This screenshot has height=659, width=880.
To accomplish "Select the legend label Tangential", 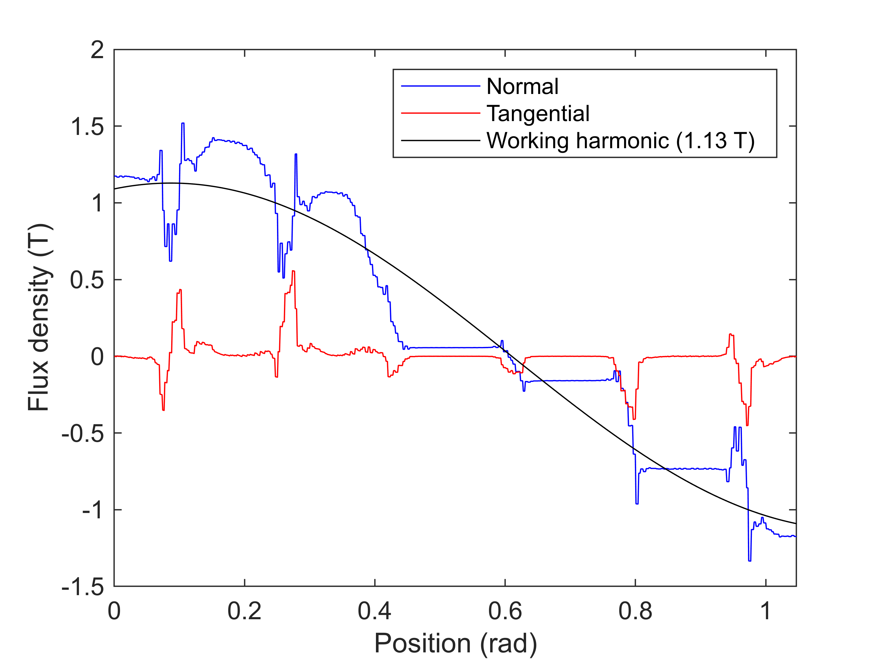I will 538,113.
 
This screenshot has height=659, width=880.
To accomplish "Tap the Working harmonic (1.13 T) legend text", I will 620,140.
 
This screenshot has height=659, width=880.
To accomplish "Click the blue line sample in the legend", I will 440,86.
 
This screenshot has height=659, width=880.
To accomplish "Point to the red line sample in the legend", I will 440,113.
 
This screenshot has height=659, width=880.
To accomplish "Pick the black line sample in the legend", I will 440,140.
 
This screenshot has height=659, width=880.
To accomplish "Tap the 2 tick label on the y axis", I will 97,51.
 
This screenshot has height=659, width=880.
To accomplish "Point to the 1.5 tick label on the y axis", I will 87,127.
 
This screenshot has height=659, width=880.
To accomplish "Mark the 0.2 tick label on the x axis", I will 244,611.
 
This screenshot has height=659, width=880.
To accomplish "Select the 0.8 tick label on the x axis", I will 635,611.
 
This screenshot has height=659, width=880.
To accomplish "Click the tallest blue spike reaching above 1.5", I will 183,124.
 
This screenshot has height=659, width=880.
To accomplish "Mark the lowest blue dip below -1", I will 749,560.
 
